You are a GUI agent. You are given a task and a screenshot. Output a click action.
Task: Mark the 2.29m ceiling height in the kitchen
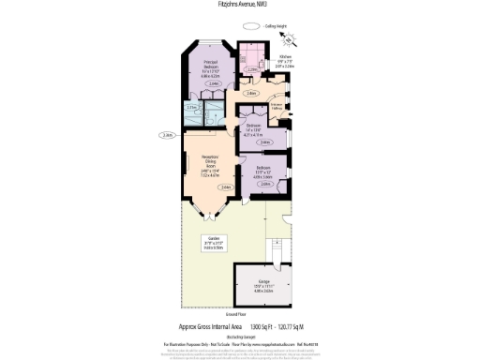click(x=254, y=69)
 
